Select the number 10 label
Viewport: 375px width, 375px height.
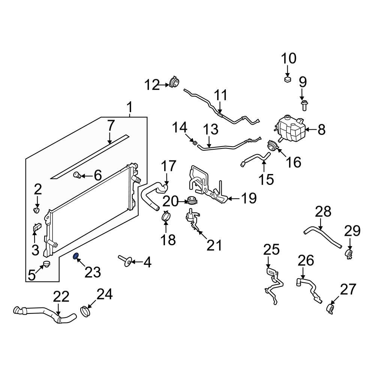coord(289,58)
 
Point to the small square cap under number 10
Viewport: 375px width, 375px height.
coord(288,79)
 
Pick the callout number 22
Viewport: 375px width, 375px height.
coord(61,297)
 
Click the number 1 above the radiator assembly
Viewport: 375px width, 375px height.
coord(129,108)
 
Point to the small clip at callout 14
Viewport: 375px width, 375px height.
coord(194,142)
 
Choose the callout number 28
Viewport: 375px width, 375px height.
coord(323,212)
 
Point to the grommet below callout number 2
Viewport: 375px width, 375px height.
coord(37,209)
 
